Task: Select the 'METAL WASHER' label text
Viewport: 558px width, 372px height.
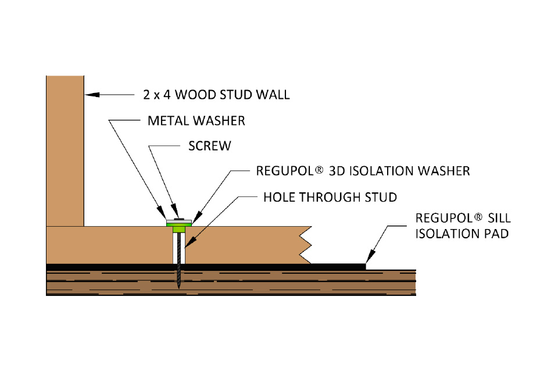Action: coord(196,121)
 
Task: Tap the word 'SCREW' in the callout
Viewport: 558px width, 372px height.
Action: coord(209,146)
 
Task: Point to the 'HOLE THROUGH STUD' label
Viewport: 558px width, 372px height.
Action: coord(330,197)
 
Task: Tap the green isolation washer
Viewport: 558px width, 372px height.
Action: coord(180,227)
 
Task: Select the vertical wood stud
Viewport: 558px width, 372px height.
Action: coord(65,151)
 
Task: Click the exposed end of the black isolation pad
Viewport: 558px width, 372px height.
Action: coord(337,266)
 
